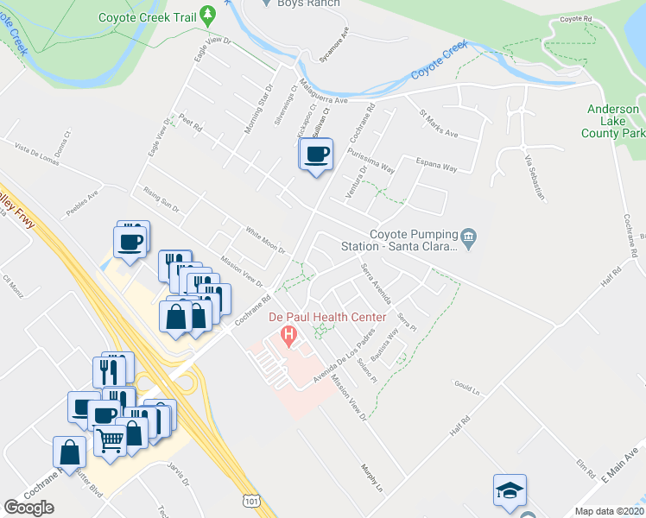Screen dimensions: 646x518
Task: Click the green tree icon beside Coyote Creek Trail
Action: click(x=207, y=14)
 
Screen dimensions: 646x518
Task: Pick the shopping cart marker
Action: click(x=111, y=440)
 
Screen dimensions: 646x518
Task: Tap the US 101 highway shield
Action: click(x=250, y=500)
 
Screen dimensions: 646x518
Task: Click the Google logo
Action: click(x=28, y=508)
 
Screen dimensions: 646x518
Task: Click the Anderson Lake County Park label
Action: click(x=612, y=121)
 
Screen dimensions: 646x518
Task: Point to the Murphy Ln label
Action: click(x=372, y=475)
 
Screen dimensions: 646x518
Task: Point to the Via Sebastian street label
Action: click(x=535, y=177)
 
